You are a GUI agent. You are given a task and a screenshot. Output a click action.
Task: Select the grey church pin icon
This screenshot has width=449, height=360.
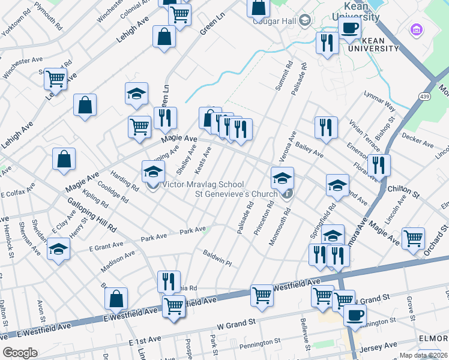coord(288,193)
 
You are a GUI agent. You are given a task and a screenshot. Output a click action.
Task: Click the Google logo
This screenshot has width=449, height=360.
coord(20,353)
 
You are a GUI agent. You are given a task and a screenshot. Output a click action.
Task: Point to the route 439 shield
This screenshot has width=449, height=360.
coord(425,97)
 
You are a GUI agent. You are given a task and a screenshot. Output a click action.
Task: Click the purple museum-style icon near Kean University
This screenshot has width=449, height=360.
coord(415,29)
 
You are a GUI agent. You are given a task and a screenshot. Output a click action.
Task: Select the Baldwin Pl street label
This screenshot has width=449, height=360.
coord(217,258)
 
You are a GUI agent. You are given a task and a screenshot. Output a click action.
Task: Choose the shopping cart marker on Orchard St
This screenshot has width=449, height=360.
coord(414,238)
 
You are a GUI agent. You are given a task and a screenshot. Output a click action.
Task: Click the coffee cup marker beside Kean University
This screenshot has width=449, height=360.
coord(349,27)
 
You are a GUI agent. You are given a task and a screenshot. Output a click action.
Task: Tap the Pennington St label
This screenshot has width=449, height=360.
coord(260,346)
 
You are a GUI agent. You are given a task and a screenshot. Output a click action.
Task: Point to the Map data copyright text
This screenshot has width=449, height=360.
coord(422,355)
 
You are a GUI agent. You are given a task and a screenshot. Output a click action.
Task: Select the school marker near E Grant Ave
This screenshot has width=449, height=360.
coord(58,249)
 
